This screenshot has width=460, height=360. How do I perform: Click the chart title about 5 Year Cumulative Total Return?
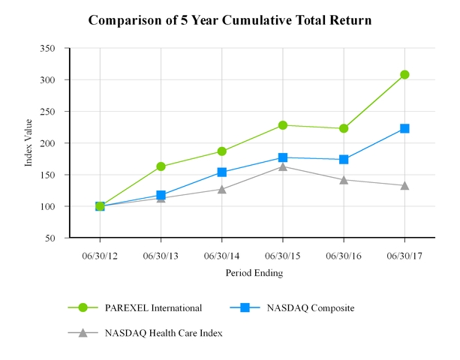(x=230, y=19)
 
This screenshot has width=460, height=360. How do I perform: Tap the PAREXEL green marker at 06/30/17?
(x=404, y=74)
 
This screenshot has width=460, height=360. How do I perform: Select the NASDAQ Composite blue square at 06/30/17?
(x=404, y=128)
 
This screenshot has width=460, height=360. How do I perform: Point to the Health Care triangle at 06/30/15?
(x=283, y=166)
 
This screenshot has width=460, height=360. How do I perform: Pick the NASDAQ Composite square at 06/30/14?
(x=221, y=172)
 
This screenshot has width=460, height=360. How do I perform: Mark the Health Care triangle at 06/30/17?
(x=404, y=185)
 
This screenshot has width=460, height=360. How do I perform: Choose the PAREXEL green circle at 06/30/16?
(x=344, y=128)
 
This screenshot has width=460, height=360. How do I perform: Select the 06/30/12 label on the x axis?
(x=100, y=255)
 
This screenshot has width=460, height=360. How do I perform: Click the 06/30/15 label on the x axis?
(x=283, y=255)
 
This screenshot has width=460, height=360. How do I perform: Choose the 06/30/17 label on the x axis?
(x=404, y=255)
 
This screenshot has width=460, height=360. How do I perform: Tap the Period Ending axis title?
(x=254, y=274)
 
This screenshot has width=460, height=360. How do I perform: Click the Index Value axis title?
(x=29, y=143)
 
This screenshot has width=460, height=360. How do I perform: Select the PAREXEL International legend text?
(x=153, y=307)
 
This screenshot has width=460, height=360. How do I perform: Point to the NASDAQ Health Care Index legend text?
(x=163, y=333)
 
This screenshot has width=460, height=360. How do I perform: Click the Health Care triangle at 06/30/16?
(x=344, y=180)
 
